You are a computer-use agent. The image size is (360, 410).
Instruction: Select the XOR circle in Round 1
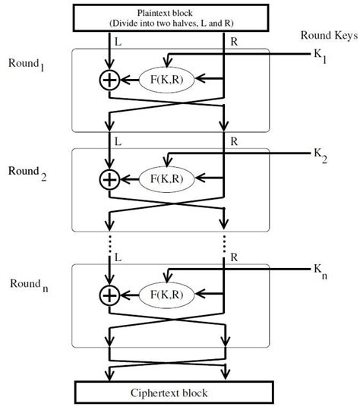pos(110,80)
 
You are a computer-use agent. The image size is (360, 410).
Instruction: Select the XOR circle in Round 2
pos(110,179)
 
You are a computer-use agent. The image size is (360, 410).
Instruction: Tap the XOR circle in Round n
pos(110,294)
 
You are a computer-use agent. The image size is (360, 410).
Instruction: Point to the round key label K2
pos(321,156)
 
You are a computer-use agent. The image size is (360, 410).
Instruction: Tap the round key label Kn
pos(321,271)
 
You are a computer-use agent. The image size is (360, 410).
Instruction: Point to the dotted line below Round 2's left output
pos(110,243)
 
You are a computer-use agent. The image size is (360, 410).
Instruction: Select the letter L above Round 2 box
pos(118,141)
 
